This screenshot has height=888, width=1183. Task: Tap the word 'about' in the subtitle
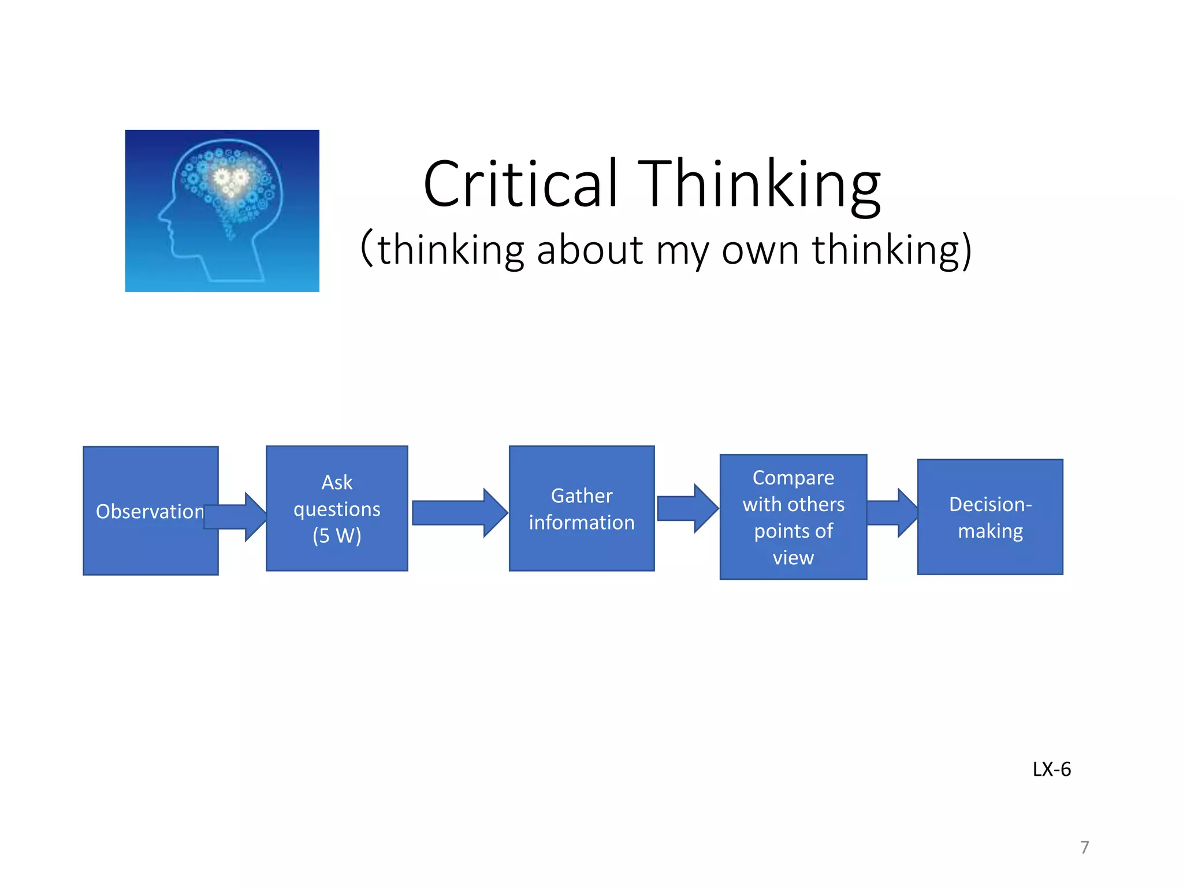click(589, 250)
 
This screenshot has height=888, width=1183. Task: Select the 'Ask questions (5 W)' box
click(337, 509)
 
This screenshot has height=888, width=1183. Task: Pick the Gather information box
click(582, 509)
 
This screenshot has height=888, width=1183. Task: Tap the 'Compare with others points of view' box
click(793, 517)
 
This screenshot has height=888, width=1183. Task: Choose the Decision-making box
click(990, 517)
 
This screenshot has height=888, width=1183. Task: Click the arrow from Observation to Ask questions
click(237, 517)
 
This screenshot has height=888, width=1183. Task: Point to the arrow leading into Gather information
click(459, 513)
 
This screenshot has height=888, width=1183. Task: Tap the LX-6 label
click(1051, 769)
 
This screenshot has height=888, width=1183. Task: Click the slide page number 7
click(1084, 848)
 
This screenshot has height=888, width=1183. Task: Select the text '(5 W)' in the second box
click(337, 536)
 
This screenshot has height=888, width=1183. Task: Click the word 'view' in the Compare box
click(793, 558)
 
